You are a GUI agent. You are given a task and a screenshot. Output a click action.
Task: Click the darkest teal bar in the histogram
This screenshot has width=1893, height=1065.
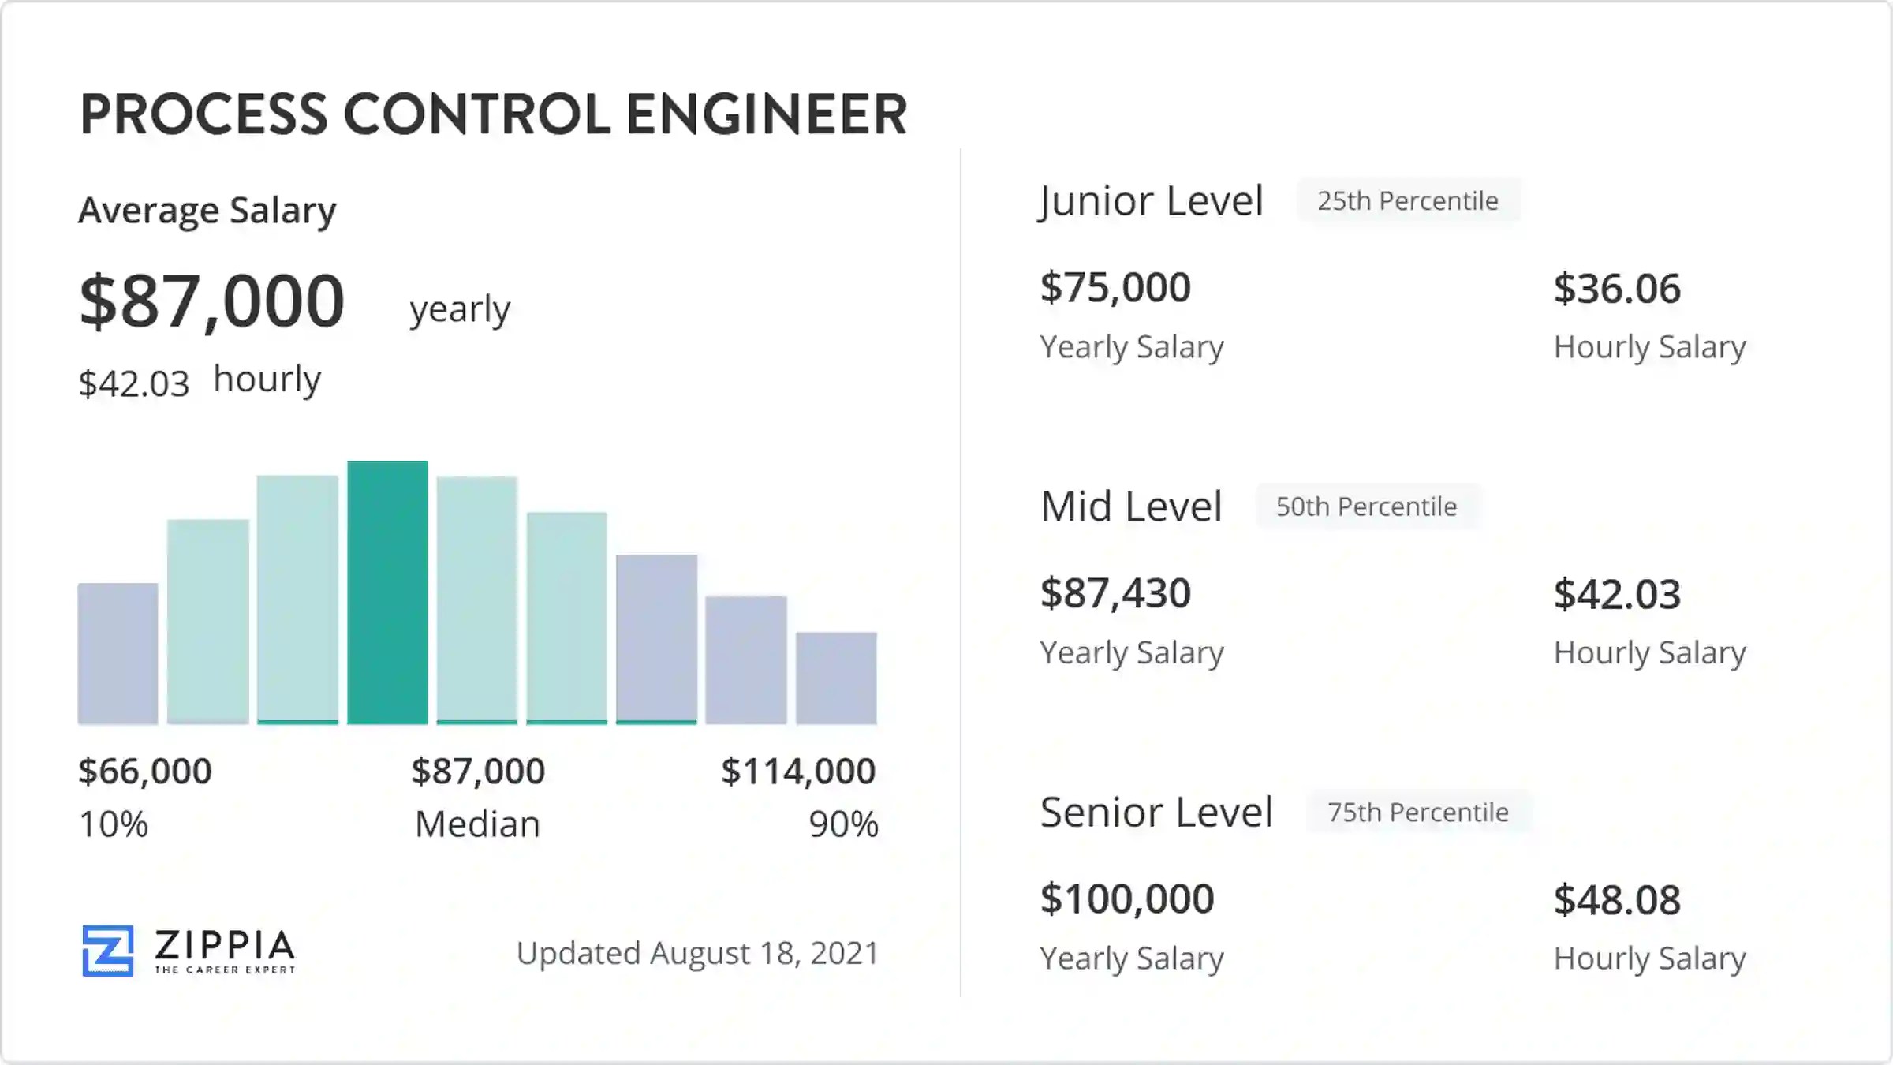(387, 592)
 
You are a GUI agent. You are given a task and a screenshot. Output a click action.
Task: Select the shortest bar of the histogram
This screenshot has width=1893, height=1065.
(836, 678)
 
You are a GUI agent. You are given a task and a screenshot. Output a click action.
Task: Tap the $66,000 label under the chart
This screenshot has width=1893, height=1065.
(145, 771)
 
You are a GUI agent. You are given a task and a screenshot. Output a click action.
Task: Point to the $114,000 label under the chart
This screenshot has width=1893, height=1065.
(798, 771)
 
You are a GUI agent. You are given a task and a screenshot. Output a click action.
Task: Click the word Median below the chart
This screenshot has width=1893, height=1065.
(478, 824)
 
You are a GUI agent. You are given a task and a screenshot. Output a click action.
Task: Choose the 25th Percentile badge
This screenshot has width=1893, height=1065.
(1408, 201)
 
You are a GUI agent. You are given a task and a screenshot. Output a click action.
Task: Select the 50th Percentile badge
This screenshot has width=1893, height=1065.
(1367, 506)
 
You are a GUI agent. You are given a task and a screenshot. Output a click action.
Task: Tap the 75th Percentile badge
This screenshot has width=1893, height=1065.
(1418, 812)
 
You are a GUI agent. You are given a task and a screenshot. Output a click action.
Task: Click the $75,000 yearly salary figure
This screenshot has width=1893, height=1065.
(1115, 287)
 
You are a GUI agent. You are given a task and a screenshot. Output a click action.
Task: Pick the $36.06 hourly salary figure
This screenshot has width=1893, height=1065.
(1617, 288)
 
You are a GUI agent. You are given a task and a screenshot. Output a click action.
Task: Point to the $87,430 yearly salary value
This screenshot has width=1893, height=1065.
(1115, 593)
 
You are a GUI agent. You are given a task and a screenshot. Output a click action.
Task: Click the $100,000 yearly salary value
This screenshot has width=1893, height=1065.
(1127, 899)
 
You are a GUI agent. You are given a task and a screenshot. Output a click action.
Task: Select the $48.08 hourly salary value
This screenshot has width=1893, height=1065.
(1617, 899)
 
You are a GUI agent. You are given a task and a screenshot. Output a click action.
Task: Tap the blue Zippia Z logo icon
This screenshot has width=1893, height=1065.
(108, 951)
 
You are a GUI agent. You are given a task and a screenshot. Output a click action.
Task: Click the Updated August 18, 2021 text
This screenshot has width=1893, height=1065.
(697, 953)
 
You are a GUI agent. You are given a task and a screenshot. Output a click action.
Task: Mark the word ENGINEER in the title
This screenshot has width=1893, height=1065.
(767, 114)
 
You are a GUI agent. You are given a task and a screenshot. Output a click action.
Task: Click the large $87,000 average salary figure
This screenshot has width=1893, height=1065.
(212, 301)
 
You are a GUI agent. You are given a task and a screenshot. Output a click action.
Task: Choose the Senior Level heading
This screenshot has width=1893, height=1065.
(1156, 812)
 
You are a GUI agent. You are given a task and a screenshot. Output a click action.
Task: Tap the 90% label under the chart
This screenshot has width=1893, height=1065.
(843, 824)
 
